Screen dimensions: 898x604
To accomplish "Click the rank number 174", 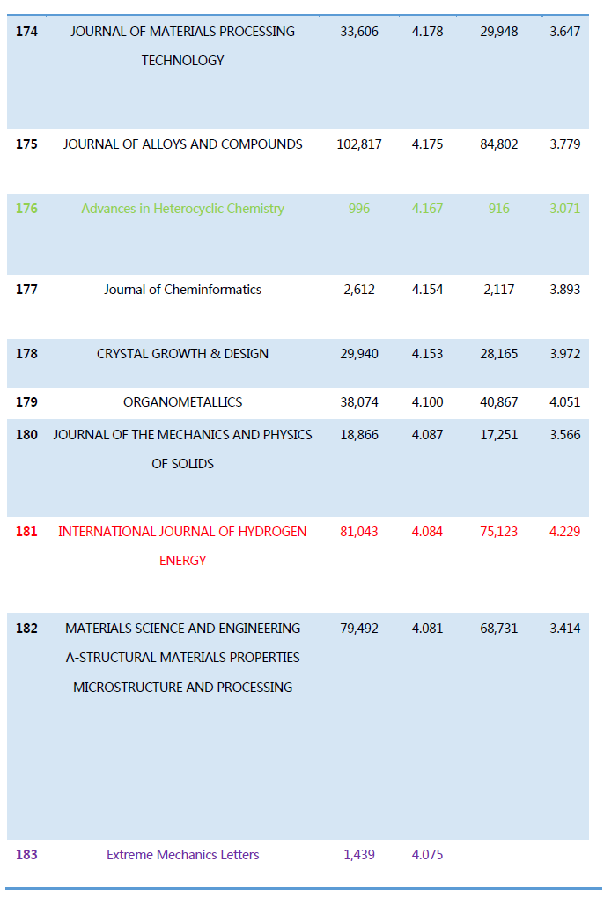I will click(26, 32).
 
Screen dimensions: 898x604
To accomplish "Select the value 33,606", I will click(359, 32).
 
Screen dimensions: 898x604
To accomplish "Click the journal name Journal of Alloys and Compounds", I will click(182, 144).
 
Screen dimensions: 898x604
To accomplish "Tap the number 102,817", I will click(359, 144).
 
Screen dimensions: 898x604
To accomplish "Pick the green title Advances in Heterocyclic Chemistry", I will click(182, 209).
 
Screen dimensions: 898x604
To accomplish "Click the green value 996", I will click(359, 209).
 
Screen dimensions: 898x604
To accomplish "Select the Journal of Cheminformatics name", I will click(182, 290).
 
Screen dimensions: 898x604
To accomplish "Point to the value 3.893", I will click(564, 290).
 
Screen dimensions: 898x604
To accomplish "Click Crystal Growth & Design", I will click(182, 354).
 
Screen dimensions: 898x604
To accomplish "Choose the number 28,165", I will click(498, 354).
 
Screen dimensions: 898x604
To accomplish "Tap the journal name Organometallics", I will click(182, 402).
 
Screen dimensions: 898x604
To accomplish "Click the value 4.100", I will click(427, 402).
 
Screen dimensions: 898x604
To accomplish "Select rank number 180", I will click(26, 435).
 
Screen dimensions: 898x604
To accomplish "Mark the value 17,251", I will click(498, 435).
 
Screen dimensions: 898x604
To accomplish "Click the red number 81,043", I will click(359, 532).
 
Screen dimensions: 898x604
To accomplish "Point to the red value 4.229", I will click(564, 532).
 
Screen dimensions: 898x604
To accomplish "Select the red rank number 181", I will click(26, 532).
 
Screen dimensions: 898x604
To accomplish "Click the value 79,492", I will click(359, 629).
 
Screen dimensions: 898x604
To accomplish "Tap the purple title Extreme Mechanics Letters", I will click(182, 855).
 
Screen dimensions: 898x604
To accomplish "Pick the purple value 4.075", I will click(427, 855).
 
